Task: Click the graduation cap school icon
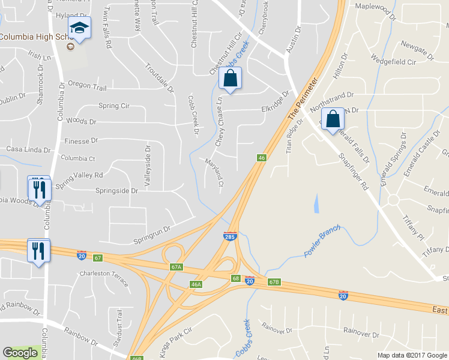[79, 28]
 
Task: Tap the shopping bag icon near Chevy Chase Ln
[230, 78]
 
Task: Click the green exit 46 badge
[262, 158]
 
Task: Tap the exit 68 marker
[236, 278]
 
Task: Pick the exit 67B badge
[274, 282]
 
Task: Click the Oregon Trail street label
[87, 86]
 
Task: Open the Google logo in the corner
[20, 353]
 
